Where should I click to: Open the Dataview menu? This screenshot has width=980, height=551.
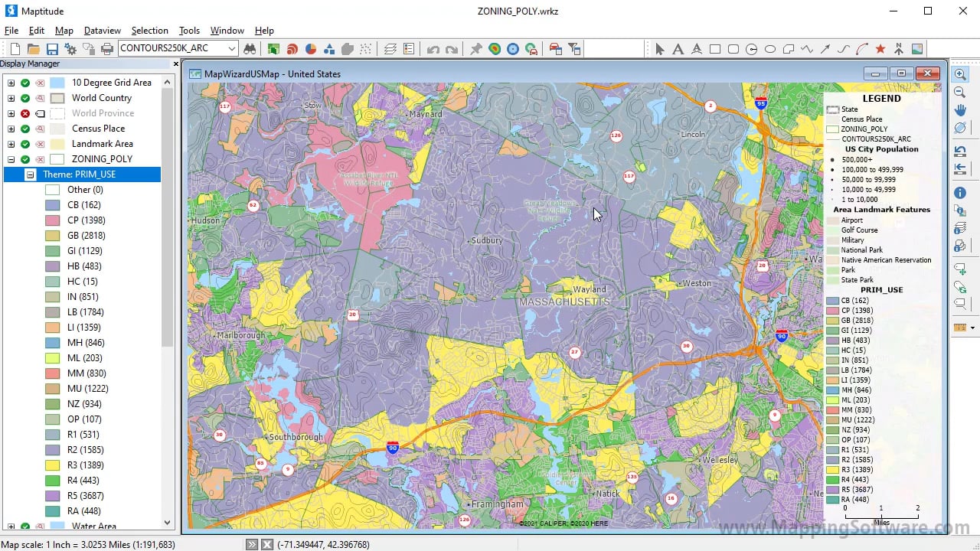click(103, 31)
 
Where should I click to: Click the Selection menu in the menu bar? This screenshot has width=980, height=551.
click(149, 31)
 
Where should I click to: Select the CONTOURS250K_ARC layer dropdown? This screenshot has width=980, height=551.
click(178, 48)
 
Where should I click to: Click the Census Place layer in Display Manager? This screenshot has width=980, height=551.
click(98, 129)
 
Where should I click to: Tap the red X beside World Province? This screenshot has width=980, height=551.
click(25, 113)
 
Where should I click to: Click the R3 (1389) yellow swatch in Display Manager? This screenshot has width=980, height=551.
click(52, 465)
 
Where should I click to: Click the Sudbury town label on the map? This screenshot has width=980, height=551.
click(487, 240)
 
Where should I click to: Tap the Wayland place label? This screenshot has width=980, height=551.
click(590, 289)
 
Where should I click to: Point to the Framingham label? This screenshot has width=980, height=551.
click(497, 504)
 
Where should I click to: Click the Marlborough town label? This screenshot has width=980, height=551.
click(240, 335)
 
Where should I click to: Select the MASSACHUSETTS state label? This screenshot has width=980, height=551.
click(564, 302)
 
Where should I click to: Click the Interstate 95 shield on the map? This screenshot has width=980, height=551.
click(760, 103)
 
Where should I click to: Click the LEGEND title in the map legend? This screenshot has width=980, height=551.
click(881, 99)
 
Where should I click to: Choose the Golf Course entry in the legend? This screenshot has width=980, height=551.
click(859, 230)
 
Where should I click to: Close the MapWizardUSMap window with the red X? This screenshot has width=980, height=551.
click(927, 73)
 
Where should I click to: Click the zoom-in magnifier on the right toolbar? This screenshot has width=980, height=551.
click(960, 74)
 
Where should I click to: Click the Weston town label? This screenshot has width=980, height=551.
click(697, 283)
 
